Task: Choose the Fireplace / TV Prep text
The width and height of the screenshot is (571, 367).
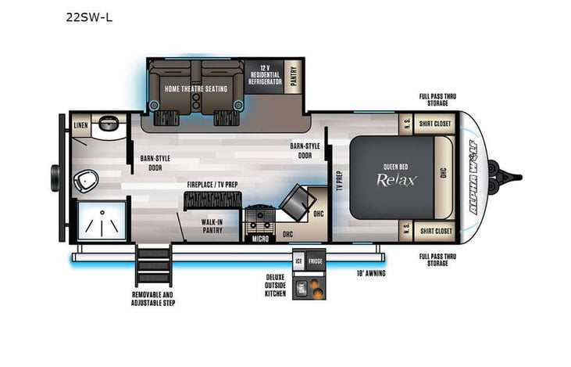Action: click(x=212, y=185)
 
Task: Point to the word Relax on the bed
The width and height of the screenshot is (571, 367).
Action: click(x=398, y=178)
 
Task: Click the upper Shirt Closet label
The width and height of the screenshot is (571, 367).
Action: click(x=434, y=123)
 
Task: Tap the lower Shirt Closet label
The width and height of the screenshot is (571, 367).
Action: click(x=434, y=231)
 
